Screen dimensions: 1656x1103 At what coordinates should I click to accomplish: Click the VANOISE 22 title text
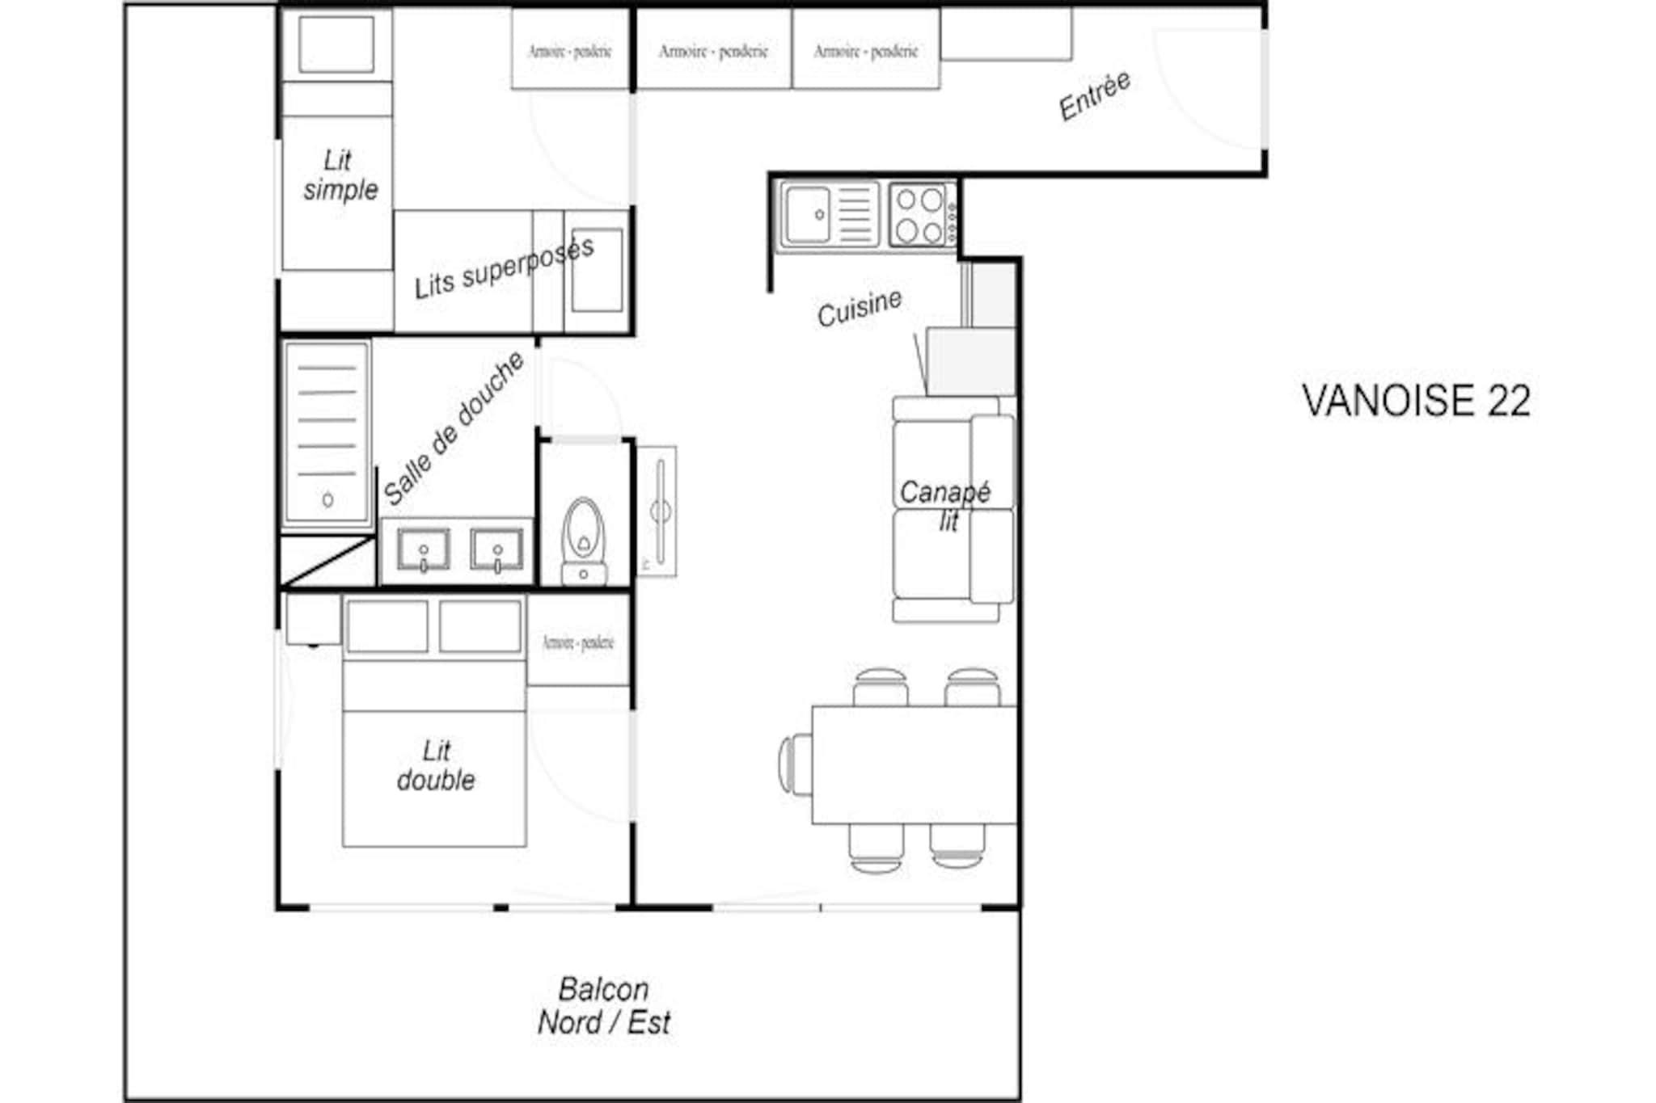pos(1416,401)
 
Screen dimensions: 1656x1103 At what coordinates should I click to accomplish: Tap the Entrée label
pos(1095,97)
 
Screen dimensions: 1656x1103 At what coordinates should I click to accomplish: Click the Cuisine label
pos(859,308)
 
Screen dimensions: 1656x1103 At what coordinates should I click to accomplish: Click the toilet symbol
pos(583,537)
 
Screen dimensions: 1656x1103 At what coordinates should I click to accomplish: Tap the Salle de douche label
pos(454,428)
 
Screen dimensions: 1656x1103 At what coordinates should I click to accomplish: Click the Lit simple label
pos(340,175)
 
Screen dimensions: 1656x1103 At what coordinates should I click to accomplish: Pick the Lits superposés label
pos(504,268)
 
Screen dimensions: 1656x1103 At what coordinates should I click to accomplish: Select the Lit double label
pos(436,765)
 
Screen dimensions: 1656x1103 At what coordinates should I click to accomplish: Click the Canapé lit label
pos(945,505)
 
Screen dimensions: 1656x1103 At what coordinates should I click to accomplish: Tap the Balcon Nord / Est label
pos(604,1006)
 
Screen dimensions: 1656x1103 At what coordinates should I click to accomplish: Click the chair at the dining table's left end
pos(795,764)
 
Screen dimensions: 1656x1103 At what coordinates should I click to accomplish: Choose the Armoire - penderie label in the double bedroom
pos(578,642)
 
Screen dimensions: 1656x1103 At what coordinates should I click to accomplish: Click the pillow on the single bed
pos(336,44)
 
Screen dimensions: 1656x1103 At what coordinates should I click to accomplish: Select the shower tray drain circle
pos(327,500)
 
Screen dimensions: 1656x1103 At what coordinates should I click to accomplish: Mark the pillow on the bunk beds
pos(597,270)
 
